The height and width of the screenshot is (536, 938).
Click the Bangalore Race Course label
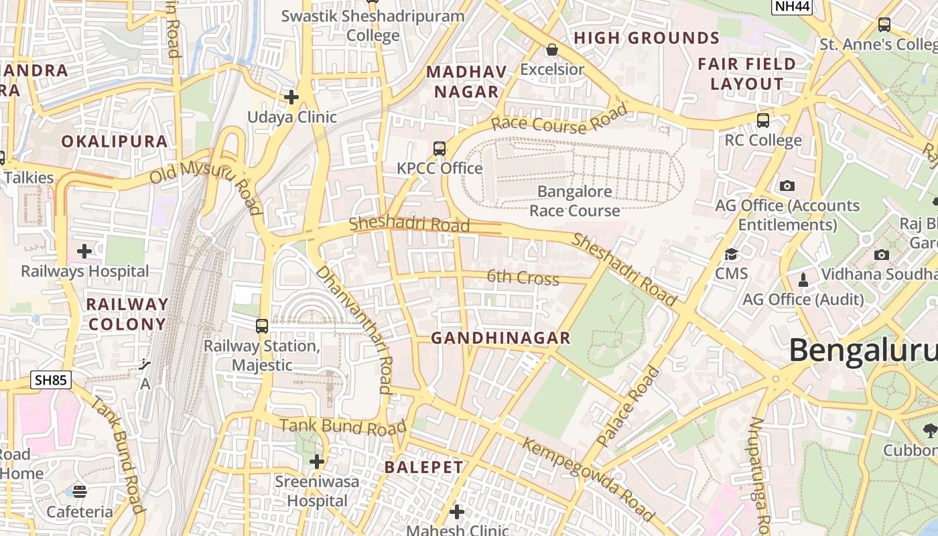[x=575, y=201]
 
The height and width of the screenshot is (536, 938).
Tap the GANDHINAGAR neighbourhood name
[x=500, y=338]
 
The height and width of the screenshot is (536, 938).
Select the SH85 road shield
[x=51, y=381]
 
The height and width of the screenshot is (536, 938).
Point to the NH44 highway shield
[x=792, y=6]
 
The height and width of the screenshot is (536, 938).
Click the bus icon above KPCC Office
[x=440, y=148]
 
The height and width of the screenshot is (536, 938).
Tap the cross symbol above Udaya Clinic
[x=291, y=97]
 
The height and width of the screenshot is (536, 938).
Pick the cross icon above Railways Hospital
[x=84, y=251]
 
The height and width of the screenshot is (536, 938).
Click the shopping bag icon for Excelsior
[x=552, y=50]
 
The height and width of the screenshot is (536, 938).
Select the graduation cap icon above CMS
[x=731, y=254]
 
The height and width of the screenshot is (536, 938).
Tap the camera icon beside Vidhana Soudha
[x=882, y=255]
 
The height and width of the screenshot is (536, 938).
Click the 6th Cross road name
[x=523, y=277]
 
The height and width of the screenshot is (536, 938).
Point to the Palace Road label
[x=628, y=407]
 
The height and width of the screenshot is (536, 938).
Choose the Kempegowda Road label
[x=588, y=479]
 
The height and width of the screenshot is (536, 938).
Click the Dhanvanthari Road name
[x=354, y=328]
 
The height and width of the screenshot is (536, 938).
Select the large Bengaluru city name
[x=863, y=350]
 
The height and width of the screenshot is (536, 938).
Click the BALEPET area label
[x=423, y=468]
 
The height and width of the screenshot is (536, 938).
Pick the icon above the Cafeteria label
[x=80, y=492]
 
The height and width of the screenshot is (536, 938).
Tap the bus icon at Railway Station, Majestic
[x=262, y=326]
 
